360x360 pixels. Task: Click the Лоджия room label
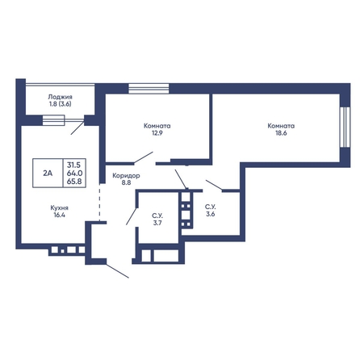point(60,97)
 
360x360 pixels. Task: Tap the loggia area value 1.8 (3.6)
point(60,104)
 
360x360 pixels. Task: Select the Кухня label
point(59,207)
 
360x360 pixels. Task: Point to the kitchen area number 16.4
point(59,215)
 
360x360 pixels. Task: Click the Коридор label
point(126,176)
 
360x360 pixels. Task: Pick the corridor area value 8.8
point(126,183)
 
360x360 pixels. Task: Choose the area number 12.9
point(157,133)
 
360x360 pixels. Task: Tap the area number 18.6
point(281,133)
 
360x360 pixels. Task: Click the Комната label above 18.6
point(281,126)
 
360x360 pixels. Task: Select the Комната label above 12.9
point(157,126)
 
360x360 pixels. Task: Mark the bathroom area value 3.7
point(157,223)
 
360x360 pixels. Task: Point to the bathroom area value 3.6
point(211,214)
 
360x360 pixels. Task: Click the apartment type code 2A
point(48,174)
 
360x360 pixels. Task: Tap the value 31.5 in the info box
point(74,165)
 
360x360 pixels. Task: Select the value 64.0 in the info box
point(74,173)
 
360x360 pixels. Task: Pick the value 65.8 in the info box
point(74,182)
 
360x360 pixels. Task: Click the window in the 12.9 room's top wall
point(149,89)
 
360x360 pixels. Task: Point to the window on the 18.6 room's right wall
point(345,128)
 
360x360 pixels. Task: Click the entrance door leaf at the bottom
point(118,271)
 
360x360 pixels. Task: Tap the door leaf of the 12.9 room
point(144,157)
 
